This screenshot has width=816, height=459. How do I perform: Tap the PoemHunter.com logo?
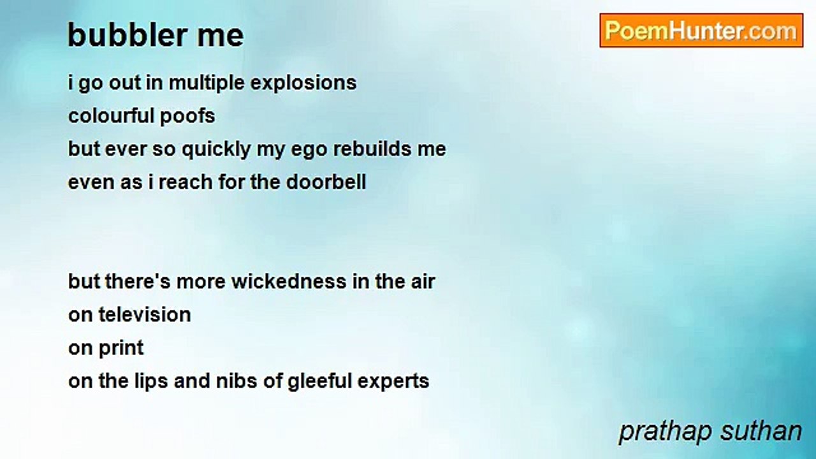point(701,31)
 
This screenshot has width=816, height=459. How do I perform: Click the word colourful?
point(111,116)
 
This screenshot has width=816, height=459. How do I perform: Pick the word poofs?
point(187,117)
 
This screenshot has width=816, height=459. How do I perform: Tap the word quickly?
point(216,150)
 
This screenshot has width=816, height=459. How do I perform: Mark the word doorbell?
point(326,182)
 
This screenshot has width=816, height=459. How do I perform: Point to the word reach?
point(186,182)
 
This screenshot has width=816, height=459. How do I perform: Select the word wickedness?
point(289,282)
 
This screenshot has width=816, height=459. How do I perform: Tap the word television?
point(145,315)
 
